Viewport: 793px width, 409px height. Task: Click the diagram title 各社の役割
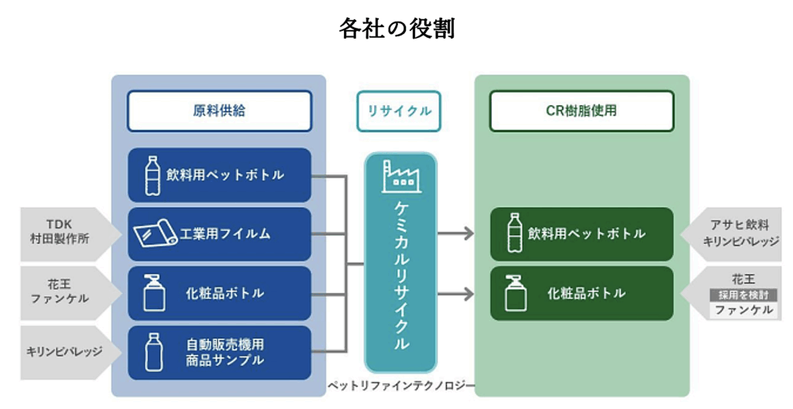click(397, 29)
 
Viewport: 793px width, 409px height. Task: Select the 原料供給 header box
click(219, 111)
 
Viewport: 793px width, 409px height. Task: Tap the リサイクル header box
click(399, 111)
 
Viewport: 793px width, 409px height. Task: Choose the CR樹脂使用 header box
click(582, 111)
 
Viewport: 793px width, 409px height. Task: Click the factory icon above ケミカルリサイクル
click(401, 177)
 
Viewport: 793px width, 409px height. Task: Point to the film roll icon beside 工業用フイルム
click(155, 233)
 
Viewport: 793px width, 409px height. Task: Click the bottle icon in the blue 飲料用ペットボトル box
click(153, 176)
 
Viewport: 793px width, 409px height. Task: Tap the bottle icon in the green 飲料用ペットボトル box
click(515, 233)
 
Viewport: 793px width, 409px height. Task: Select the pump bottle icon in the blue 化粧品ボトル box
click(154, 293)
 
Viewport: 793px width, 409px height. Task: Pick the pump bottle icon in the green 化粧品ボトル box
click(516, 293)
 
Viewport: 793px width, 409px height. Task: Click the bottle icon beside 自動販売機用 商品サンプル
click(153, 352)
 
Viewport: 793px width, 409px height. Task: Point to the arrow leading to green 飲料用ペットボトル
click(455, 233)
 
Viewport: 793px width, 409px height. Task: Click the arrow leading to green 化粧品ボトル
click(455, 294)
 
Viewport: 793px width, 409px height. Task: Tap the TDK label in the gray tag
click(59, 224)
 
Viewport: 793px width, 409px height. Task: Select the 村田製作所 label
click(60, 239)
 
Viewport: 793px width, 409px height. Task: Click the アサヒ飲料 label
click(740, 225)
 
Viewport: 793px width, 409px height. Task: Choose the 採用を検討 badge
click(743, 295)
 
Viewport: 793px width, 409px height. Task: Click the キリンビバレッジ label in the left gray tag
click(64, 351)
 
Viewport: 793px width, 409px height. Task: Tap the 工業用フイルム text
click(225, 233)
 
